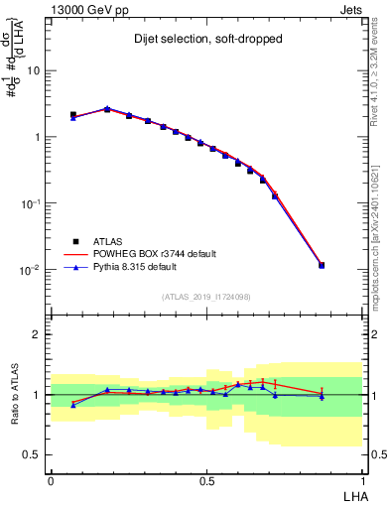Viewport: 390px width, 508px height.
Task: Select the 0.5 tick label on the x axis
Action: [x=206, y=480]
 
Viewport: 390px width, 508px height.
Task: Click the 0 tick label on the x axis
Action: [x=51, y=480]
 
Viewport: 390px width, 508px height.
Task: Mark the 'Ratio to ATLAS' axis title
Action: [x=15, y=395]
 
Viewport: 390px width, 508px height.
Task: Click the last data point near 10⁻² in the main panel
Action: [x=322, y=265]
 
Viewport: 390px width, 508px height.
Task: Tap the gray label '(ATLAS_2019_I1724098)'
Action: [x=207, y=297]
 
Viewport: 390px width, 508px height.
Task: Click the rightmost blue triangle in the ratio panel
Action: [x=322, y=397]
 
